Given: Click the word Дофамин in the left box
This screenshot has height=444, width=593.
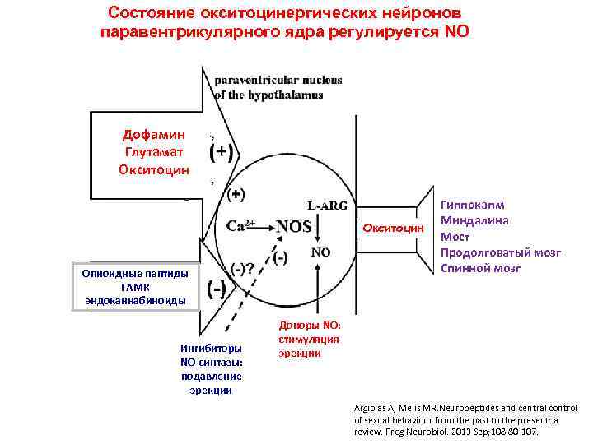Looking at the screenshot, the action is click(154, 134).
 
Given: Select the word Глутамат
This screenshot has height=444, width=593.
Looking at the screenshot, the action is click(154, 151).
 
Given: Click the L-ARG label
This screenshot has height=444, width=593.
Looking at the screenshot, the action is click(327, 206).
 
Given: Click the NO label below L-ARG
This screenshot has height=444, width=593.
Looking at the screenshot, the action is click(321, 252).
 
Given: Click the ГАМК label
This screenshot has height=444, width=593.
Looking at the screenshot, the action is click(136, 287).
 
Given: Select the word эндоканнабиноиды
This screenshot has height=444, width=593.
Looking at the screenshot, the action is click(136, 301).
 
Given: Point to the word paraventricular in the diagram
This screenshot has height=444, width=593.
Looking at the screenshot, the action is click(252, 81).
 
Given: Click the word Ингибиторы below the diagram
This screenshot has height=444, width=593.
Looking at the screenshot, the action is click(211, 348).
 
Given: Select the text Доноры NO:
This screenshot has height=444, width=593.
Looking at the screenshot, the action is click(303, 326).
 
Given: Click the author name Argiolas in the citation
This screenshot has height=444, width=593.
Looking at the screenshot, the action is click(373, 408).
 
